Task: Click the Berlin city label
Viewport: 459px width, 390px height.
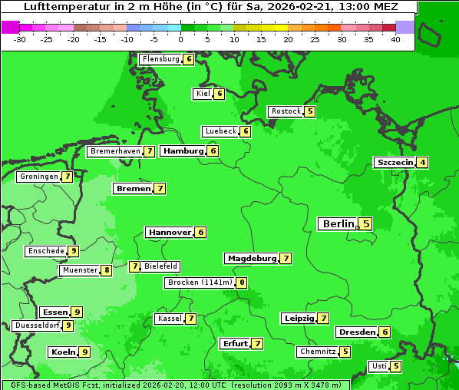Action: [x=338, y=223]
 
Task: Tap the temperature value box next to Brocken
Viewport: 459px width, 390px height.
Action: [x=242, y=283]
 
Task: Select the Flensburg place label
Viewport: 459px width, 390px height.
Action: [x=160, y=58]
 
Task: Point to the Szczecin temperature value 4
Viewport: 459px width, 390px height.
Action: [x=422, y=162]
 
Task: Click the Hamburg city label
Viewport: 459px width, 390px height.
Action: [x=183, y=150]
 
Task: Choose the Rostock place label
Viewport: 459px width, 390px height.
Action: [x=286, y=111]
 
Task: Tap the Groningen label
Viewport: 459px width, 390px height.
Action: [x=39, y=177]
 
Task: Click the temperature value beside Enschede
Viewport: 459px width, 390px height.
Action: [x=73, y=251]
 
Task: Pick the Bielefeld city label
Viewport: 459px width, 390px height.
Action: [x=160, y=266]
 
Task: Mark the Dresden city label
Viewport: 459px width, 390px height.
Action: [x=357, y=332]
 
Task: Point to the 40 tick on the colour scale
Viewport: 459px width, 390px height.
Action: [x=395, y=39]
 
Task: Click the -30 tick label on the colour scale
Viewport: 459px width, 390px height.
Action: [x=20, y=39]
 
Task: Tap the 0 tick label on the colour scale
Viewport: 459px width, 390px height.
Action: [x=181, y=39]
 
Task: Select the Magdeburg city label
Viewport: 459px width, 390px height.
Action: [x=251, y=258]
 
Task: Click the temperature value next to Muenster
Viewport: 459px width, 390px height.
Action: [x=107, y=270]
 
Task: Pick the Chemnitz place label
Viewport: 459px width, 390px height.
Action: [x=318, y=352]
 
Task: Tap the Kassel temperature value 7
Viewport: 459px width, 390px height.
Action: [x=190, y=319]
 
